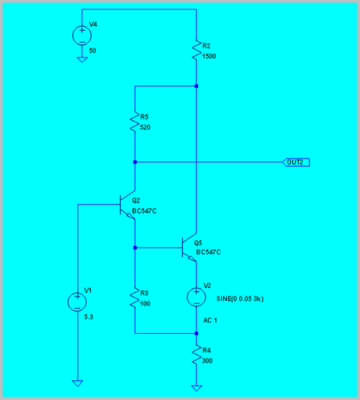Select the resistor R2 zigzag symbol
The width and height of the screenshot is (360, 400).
[197, 50]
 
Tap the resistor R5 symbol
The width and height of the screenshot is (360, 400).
[135, 121]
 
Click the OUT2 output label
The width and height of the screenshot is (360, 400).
[296, 163]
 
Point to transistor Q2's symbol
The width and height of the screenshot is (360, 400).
[127, 204]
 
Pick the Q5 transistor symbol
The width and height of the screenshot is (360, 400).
[189, 247]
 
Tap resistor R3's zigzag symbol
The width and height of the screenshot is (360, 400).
[135, 298]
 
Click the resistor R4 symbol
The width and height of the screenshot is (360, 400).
[197, 355]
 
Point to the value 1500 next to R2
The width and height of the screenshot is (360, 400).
[209, 56]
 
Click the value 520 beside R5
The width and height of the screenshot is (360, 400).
[145, 127]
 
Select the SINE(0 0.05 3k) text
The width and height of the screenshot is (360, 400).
[240, 299]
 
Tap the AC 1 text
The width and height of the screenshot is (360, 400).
[210, 320]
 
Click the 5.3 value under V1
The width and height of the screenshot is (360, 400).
[89, 317]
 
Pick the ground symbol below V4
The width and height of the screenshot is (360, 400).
[82, 60]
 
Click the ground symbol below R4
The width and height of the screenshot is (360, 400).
[197, 388]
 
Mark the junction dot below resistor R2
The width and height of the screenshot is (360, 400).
[197, 86]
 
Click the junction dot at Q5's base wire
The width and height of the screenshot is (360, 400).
[135, 247]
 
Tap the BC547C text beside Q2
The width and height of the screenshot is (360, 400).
[144, 211]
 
